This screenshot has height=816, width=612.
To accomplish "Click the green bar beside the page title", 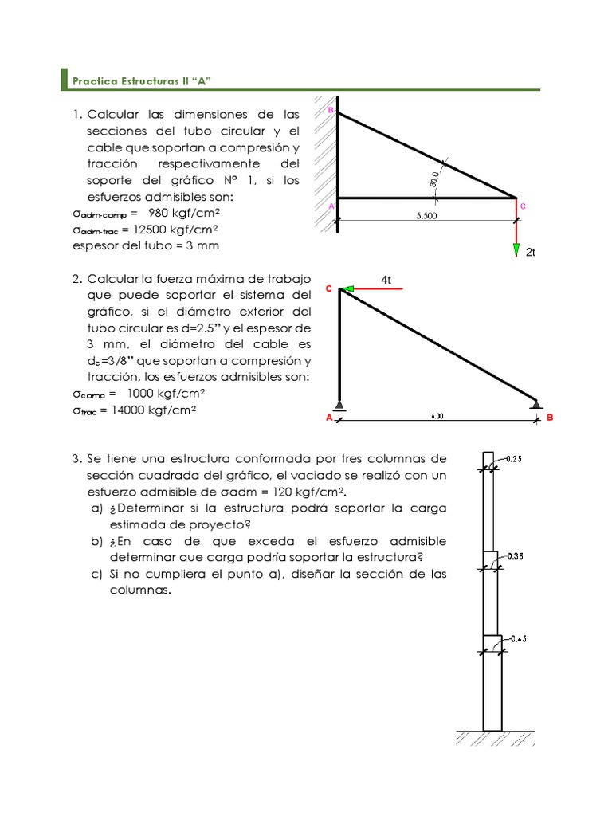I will (65, 80).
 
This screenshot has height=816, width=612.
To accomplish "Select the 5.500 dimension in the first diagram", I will (426, 215).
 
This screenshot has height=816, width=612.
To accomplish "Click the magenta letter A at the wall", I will (331, 206).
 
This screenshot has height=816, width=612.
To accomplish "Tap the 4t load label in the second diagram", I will (386, 280).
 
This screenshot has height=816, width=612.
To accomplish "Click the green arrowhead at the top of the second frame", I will (347, 288).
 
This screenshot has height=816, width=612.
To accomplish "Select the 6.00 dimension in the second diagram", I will (437, 416).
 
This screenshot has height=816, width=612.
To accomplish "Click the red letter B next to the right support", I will (550, 417).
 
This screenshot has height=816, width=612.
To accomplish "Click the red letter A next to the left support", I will (328, 417).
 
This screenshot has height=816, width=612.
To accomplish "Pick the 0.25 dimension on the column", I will (514, 460).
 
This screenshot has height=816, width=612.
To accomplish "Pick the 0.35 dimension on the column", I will (514, 557).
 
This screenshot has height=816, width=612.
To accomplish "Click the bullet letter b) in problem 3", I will (96, 541).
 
